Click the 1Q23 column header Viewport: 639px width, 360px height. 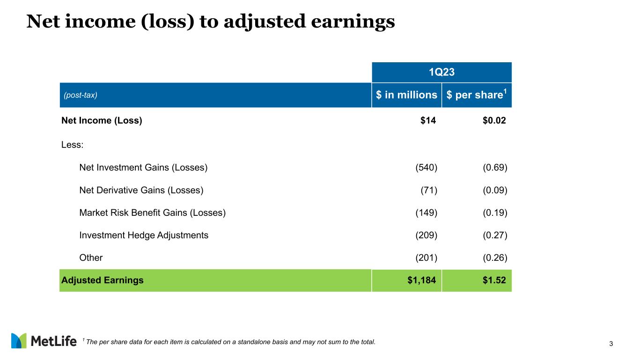point(441,72)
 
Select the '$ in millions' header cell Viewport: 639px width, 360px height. point(406,95)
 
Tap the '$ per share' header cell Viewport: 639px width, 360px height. point(477,95)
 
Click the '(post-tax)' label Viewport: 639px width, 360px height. point(81,95)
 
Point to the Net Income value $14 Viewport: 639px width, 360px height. point(428,120)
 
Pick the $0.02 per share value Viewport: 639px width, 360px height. point(494,120)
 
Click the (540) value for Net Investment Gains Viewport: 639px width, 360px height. point(426,168)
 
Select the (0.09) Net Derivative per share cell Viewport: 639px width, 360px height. point(495,190)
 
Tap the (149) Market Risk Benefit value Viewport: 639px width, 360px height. point(426,213)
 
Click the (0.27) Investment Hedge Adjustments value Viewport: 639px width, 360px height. point(495,235)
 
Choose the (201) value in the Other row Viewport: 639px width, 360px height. point(426,258)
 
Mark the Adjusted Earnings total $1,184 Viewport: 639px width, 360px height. point(422,280)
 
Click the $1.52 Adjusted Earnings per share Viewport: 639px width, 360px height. point(494,280)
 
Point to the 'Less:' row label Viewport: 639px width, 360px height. point(73,145)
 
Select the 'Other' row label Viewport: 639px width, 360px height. point(91,258)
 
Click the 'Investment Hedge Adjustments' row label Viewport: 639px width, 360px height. point(144,235)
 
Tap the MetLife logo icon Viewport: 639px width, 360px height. point(19,341)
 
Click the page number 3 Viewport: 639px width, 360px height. point(611,344)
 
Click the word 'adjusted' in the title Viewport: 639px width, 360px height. point(265,22)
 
